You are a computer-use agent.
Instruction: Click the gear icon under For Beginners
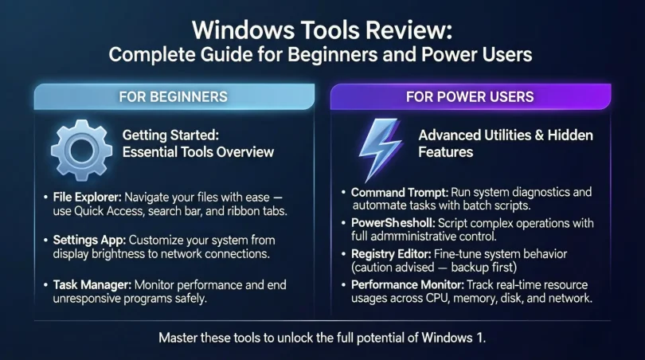pos(79,150)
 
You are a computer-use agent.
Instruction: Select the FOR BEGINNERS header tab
pos(172,96)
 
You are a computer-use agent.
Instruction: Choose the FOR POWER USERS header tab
pos(470,96)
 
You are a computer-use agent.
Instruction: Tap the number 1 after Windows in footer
pos(481,337)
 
